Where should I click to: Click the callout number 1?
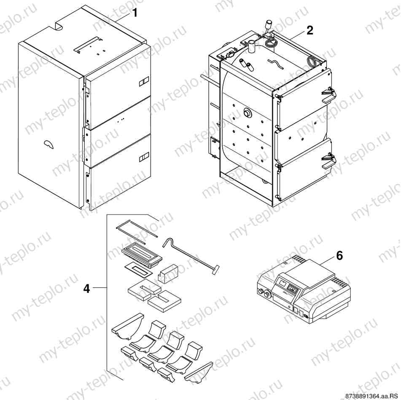click(x=135, y=13)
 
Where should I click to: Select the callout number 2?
click(x=309, y=30)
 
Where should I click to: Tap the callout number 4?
click(x=86, y=289)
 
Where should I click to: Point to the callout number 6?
click(x=339, y=255)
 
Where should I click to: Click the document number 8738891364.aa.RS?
click(x=371, y=396)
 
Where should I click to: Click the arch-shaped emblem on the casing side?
click(x=48, y=144)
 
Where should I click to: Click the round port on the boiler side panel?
click(x=247, y=113)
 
